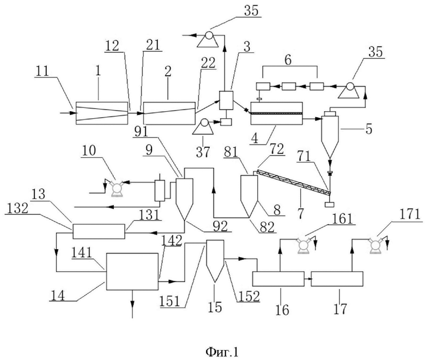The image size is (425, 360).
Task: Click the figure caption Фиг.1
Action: tap(222, 352)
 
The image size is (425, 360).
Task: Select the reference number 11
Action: tap(42, 71)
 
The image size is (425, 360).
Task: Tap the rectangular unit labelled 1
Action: tap(102, 113)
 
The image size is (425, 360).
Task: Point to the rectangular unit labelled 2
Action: tap(169, 113)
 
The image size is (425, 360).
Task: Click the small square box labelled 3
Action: tap(226, 100)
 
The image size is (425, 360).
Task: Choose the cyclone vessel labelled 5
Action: tap(330, 134)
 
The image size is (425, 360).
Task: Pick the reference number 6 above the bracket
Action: tap(288, 60)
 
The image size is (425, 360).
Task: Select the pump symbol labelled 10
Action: tap(117, 187)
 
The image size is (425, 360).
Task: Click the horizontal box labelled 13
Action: tap(99, 231)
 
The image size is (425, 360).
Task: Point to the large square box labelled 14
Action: tap(132, 272)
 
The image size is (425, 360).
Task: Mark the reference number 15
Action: tap(215, 307)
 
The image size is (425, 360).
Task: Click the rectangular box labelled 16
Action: tap(278, 279)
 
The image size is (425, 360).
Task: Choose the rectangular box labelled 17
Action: tap(337, 279)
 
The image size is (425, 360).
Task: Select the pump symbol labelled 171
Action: tap(375, 245)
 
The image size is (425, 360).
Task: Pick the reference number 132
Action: tap(16, 208)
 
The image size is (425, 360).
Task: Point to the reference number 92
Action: tap(220, 226)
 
